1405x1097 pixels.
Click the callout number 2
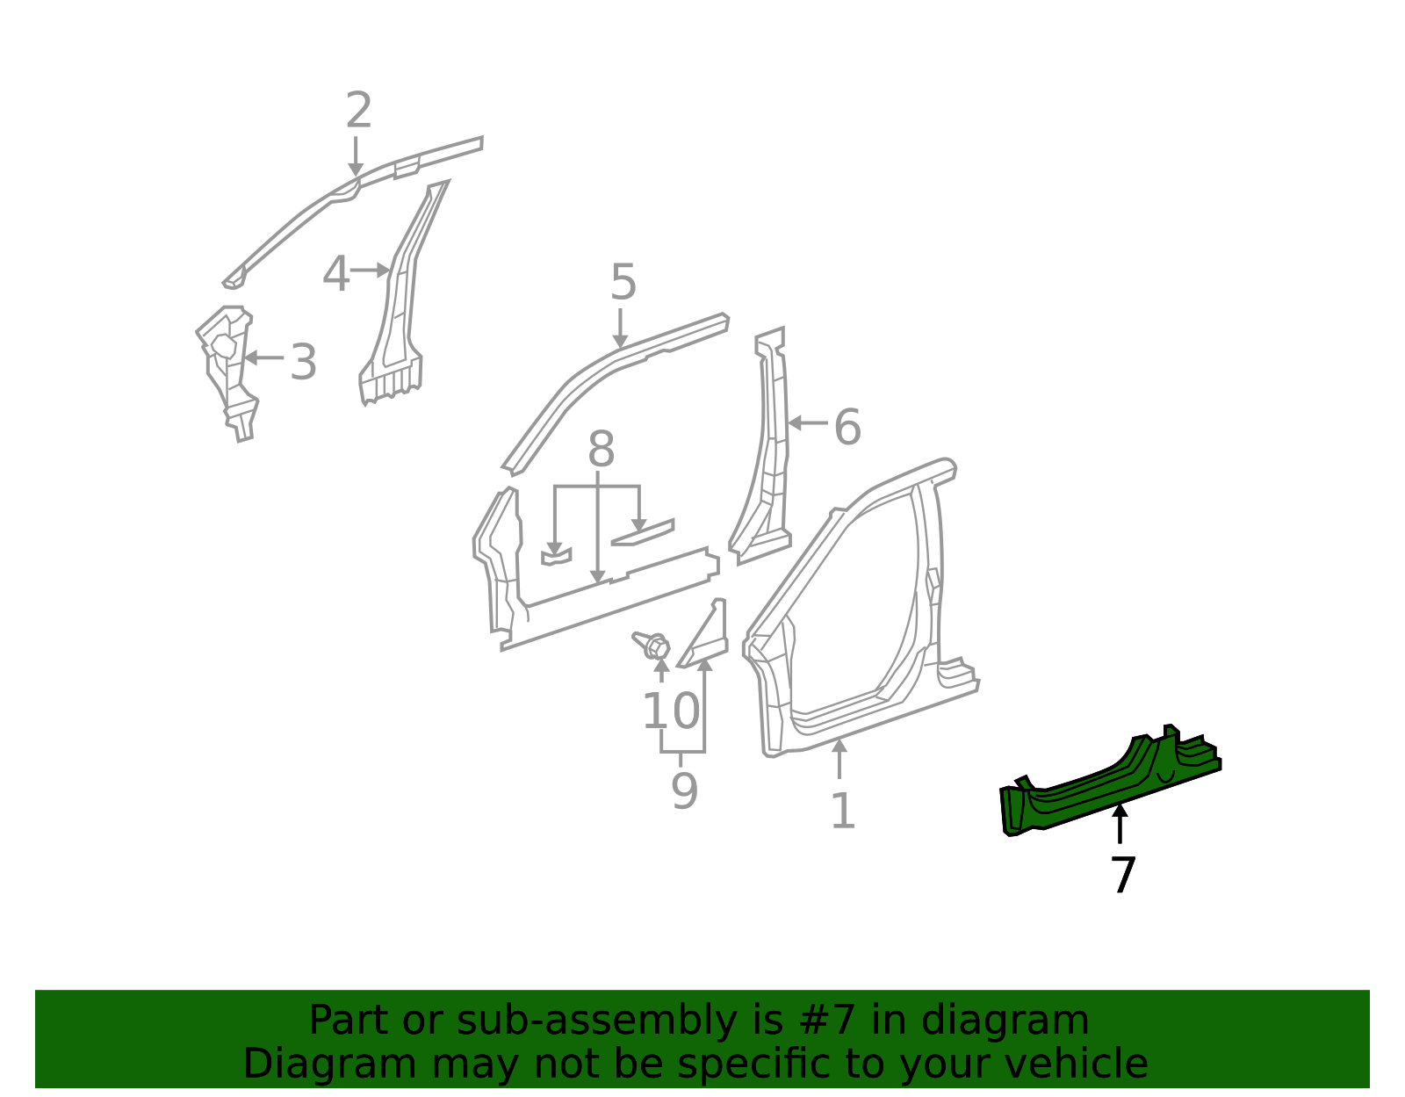(358, 112)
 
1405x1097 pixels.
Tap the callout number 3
(303, 362)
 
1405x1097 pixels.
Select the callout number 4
(335, 274)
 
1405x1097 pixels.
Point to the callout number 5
(623, 283)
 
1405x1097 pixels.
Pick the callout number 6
(847, 428)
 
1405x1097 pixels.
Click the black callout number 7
(1123, 875)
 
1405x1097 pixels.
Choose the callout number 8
(601, 450)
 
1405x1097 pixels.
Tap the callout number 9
(684, 790)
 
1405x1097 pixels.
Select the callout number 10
(672, 711)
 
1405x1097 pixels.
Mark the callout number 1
(842, 810)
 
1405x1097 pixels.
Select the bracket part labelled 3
(227, 369)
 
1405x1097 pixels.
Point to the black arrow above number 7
(1120, 822)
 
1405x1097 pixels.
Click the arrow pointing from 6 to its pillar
(807, 423)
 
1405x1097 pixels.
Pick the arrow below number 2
(356, 158)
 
